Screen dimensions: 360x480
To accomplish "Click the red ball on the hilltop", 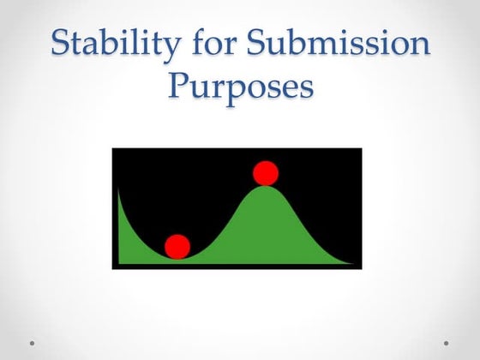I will pyautogui.click(x=266, y=173).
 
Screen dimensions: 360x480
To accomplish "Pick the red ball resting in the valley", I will pyautogui.click(x=177, y=247).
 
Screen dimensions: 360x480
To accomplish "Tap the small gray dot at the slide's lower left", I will pyautogui.click(x=33, y=343).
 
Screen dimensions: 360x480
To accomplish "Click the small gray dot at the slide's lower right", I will pyautogui.click(x=447, y=343).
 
